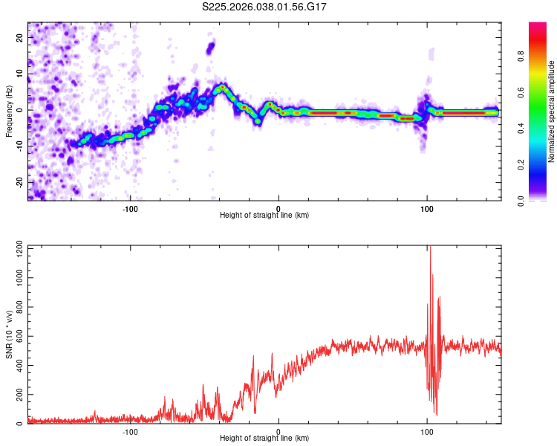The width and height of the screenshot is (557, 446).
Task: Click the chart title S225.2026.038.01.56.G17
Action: pos(265,7)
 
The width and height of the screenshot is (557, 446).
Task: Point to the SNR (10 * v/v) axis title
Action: pos(9,334)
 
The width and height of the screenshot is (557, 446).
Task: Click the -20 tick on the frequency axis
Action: pos(19,182)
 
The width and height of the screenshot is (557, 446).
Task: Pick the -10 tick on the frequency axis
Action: pos(19,146)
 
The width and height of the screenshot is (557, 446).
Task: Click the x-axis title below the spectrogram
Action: pos(265,216)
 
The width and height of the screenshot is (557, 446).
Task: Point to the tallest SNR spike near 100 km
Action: pos(430,250)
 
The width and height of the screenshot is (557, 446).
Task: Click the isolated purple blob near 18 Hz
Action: pos(210,48)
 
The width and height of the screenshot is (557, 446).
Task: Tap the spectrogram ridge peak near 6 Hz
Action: pos(221,88)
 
